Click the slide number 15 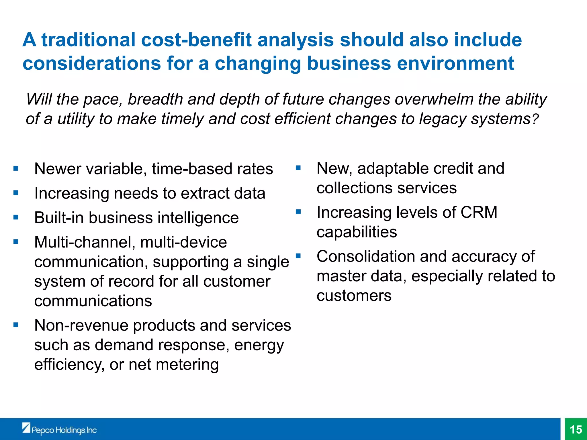tap(576, 429)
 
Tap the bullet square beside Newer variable tap(16, 168)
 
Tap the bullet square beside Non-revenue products tap(16, 325)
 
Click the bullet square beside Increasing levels tap(298, 212)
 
